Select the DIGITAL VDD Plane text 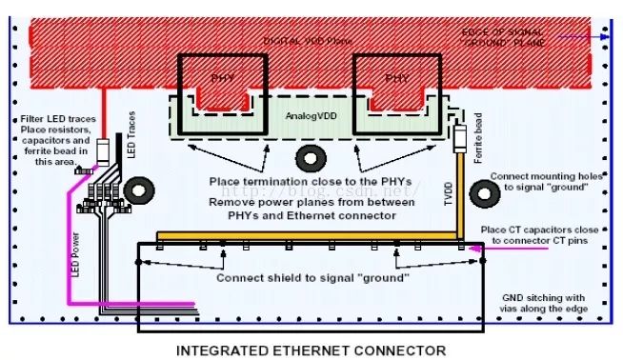(308, 42)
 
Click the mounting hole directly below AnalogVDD (311, 157)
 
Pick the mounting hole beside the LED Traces (139, 190)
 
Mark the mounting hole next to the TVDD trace (487, 194)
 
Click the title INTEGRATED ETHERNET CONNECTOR (311, 349)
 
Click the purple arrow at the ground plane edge (582, 37)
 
